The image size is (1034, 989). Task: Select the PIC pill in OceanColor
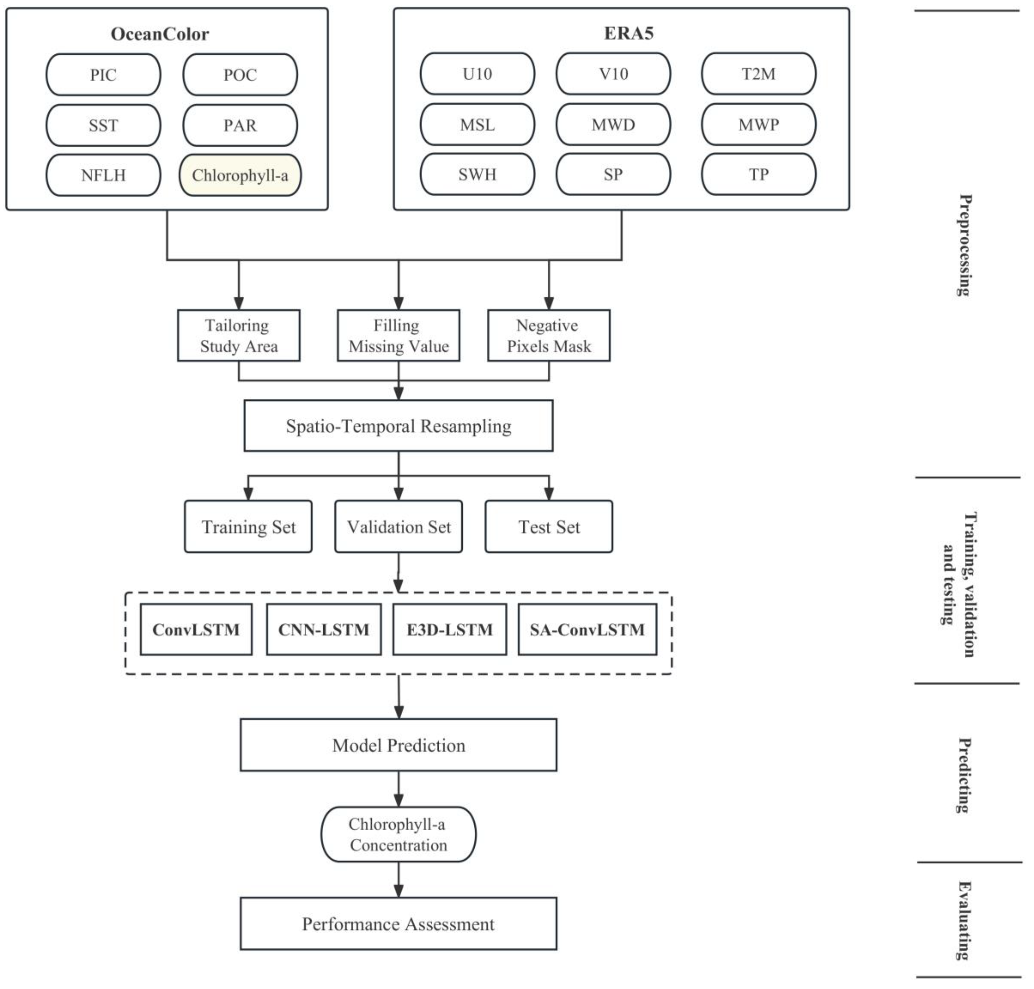click(103, 75)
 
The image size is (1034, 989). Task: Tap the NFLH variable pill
click(103, 175)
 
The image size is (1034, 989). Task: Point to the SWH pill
click(477, 175)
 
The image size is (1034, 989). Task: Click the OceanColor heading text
click(160, 34)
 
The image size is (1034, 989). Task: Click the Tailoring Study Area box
click(238, 335)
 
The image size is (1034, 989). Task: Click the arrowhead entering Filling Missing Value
click(399, 303)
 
